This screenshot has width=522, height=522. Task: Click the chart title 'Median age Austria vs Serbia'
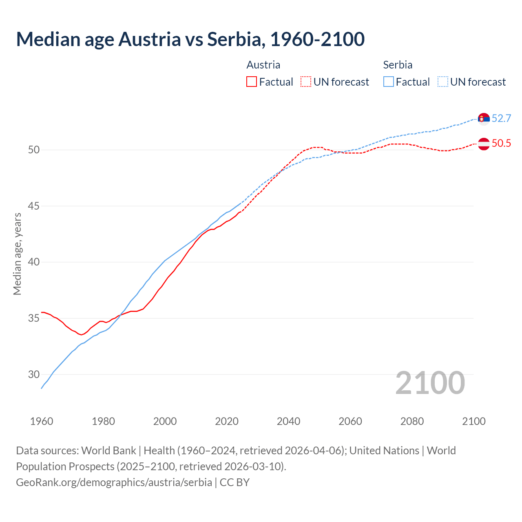190,39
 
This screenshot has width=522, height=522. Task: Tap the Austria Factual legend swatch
252,82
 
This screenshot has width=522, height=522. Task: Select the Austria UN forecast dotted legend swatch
306,82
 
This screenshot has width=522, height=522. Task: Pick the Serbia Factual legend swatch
389,82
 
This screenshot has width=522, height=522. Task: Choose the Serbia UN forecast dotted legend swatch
443,82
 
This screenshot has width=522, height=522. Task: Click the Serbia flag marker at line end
484,119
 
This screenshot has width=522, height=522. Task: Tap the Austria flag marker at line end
484,144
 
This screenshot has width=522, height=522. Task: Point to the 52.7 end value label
501,119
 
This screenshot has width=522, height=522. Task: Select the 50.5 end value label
501,144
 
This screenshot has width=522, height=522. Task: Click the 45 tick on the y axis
34,206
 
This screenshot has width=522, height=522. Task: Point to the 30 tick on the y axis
34,375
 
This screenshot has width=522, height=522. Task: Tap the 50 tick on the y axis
34,150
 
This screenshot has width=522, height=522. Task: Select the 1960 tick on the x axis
42,421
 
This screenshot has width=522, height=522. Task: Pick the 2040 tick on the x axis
288,421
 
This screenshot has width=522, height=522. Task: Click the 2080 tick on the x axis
412,421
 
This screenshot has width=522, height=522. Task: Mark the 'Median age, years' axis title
17,254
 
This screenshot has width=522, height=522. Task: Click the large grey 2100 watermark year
430,383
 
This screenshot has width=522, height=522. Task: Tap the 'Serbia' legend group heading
398,65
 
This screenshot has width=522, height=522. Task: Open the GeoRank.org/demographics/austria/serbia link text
114,482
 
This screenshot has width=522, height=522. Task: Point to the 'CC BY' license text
234,482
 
